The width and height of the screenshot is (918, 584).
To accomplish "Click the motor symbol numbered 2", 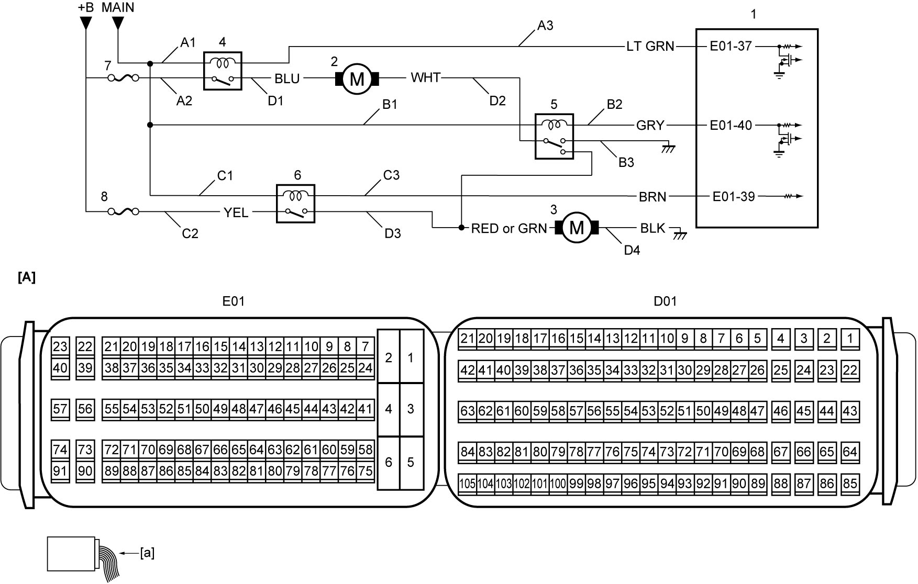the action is [357, 78].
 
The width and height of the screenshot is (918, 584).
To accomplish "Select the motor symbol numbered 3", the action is [576, 228].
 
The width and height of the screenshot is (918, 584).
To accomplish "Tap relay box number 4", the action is [223, 71].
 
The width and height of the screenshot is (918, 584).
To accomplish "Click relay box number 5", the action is [554, 136].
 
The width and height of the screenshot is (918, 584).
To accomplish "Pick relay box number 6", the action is [295, 204].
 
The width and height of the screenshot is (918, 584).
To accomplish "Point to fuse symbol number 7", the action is [123, 78].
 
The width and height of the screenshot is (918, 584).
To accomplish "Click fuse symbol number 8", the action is [123, 211].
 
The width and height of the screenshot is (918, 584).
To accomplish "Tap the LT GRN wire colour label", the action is [650, 47].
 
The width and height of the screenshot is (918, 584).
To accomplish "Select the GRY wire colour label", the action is [650, 126].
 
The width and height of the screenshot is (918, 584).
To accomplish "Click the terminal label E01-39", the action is [734, 196].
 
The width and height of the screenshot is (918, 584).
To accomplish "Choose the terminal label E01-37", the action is [731, 46].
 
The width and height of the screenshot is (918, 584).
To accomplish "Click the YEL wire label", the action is [236, 212].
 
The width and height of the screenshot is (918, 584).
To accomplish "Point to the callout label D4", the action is [632, 250].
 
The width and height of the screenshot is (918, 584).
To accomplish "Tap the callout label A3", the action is [545, 25].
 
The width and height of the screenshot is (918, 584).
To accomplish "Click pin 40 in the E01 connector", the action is [60, 368].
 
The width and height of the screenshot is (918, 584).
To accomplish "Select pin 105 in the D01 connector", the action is [467, 484].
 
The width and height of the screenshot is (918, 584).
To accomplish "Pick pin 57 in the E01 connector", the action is [60, 409].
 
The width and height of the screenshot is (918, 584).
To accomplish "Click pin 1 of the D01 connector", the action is [850, 338].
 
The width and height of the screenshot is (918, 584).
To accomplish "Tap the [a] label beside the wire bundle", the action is [147, 553].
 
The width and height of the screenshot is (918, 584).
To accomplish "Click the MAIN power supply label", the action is [118, 7].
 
